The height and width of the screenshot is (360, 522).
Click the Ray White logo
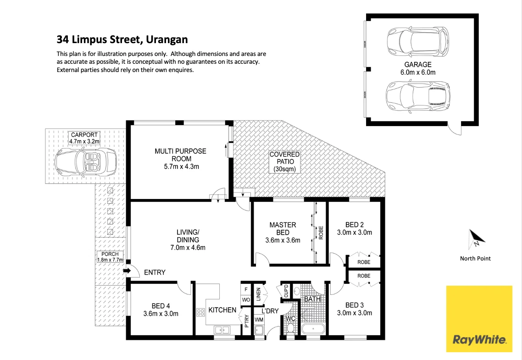click(479, 319)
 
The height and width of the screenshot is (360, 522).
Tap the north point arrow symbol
click(477, 238)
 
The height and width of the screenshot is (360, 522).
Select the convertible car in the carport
click(86, 162)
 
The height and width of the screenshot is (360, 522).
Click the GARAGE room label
click(418, 65)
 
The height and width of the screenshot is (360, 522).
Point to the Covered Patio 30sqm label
click(285, 162)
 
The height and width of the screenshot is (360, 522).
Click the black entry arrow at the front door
click(127, 271)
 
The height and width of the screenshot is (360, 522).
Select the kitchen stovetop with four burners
click(200, 312)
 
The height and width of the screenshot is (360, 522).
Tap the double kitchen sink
click(222, 330)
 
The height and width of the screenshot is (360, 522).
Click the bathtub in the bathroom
click(314, 330)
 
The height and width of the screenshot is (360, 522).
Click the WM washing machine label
click(259, 320)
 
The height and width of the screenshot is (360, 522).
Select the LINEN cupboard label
click(259, 294)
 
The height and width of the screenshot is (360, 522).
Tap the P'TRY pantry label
click(246, 321)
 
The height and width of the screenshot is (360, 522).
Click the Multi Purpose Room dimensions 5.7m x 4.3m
click(182, 166)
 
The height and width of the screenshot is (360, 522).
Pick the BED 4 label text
click(161, 306)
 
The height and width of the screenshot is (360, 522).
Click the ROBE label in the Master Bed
click(321, 233)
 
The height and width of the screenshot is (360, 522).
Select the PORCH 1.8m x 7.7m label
click(110, 257)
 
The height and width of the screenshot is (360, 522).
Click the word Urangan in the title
click(167, 39)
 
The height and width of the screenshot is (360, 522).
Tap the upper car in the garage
click(418, 42)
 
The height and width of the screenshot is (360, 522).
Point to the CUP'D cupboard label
click(286, 291)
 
